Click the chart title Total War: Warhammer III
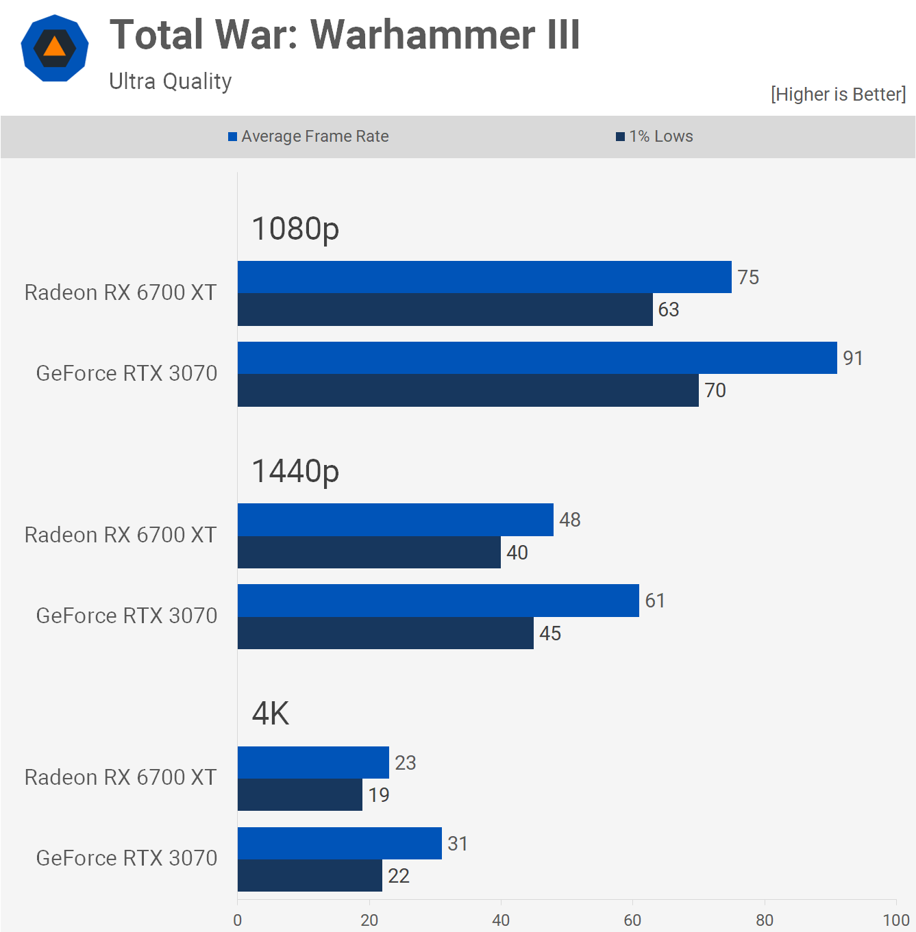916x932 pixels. (345, 35)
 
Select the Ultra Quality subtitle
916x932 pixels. (171, 81)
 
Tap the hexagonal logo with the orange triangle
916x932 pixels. (55, 48)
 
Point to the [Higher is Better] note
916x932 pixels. (838, 94)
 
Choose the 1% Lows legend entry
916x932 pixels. (655, 136)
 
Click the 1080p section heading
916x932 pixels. (295, 229)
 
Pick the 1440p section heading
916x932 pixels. (295, 471)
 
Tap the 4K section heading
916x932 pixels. (271, 714)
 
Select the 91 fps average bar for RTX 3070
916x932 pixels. (537, 358)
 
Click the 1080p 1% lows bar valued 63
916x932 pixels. (445, 310)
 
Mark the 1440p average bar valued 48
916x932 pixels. (395, 520)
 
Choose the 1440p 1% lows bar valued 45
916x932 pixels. (386, 633)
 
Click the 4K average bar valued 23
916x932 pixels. (313, 762)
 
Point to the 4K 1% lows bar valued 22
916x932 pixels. (310, 876)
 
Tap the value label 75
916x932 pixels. (748, 277)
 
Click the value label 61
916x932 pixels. (655, 601)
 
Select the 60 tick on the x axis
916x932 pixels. (632, 920)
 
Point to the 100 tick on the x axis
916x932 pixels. (895, 920)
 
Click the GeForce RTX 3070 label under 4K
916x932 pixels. (127, 858)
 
